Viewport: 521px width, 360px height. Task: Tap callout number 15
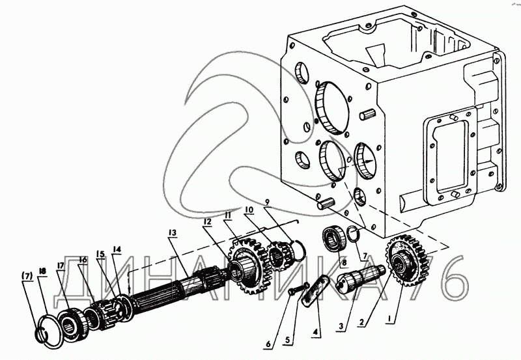tap(100, 254)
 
